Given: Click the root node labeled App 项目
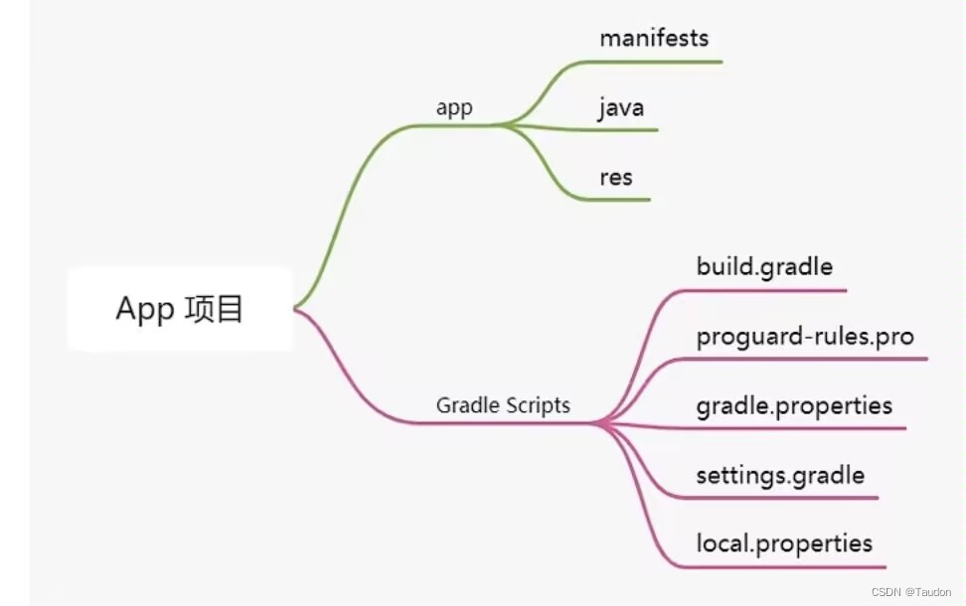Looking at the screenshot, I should [180, 309].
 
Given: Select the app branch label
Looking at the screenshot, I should [454, 108].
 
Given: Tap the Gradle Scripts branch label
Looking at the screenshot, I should [503, 405].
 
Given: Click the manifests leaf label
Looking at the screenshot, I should [654, 39].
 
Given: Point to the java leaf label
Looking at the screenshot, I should [622, 107].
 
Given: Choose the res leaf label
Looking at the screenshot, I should [616, 178].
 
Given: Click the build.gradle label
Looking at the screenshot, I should [764, 267].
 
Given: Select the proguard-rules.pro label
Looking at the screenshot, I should [805, 336].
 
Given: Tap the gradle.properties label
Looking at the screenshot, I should [794, 405].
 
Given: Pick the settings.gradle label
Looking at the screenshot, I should [780, 475].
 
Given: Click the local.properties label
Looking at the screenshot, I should [784, 543].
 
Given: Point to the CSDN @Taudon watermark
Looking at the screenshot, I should [912, 591].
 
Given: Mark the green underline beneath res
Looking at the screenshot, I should [621, 200].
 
